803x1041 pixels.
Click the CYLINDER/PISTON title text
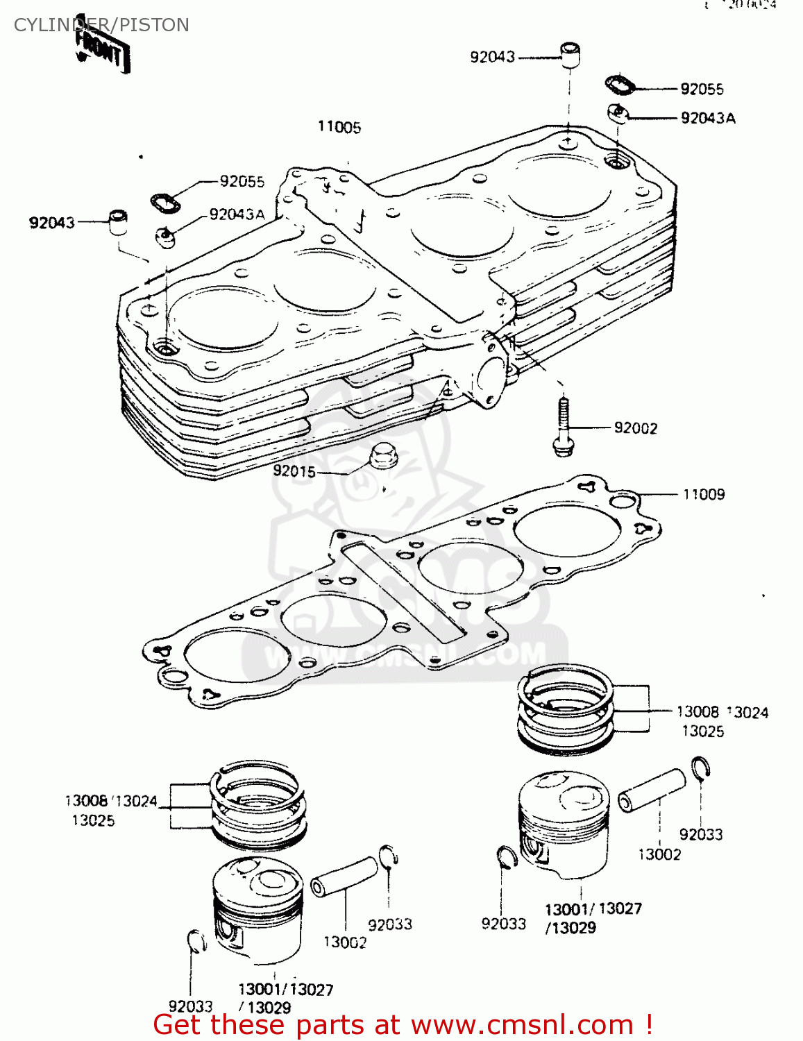point(101,25)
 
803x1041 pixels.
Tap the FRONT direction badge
point(102,52)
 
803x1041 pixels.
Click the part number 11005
point(339,127)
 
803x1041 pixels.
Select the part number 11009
point(704,494)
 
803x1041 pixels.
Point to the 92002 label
point(635,428)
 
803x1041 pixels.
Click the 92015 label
point(294,471)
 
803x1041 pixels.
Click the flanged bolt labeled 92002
point(563,427)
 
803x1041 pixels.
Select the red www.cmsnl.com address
point(522,1025)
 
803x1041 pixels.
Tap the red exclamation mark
point(648,1024)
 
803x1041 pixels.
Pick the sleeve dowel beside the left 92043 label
point(119,222)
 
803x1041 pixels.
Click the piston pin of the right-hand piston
point(652,790)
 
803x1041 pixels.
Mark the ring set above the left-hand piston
point(259,805)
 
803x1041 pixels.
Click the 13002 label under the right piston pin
point(659,854)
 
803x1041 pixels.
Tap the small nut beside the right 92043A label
point(617,112)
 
